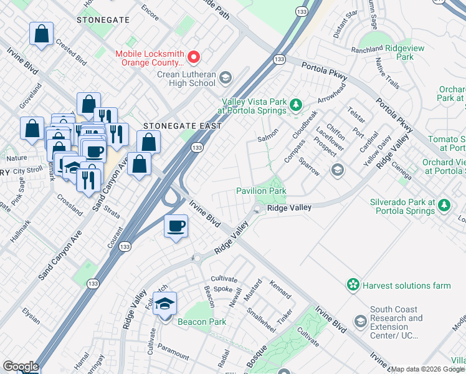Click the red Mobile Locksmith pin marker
194,58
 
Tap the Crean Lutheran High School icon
225,79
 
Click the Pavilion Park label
260,190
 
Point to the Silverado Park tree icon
444,205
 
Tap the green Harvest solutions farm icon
353,285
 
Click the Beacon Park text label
201,322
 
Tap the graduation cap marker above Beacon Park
164,305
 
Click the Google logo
20,367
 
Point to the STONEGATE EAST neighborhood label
183,125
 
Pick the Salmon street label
268,138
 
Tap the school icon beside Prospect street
337,170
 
